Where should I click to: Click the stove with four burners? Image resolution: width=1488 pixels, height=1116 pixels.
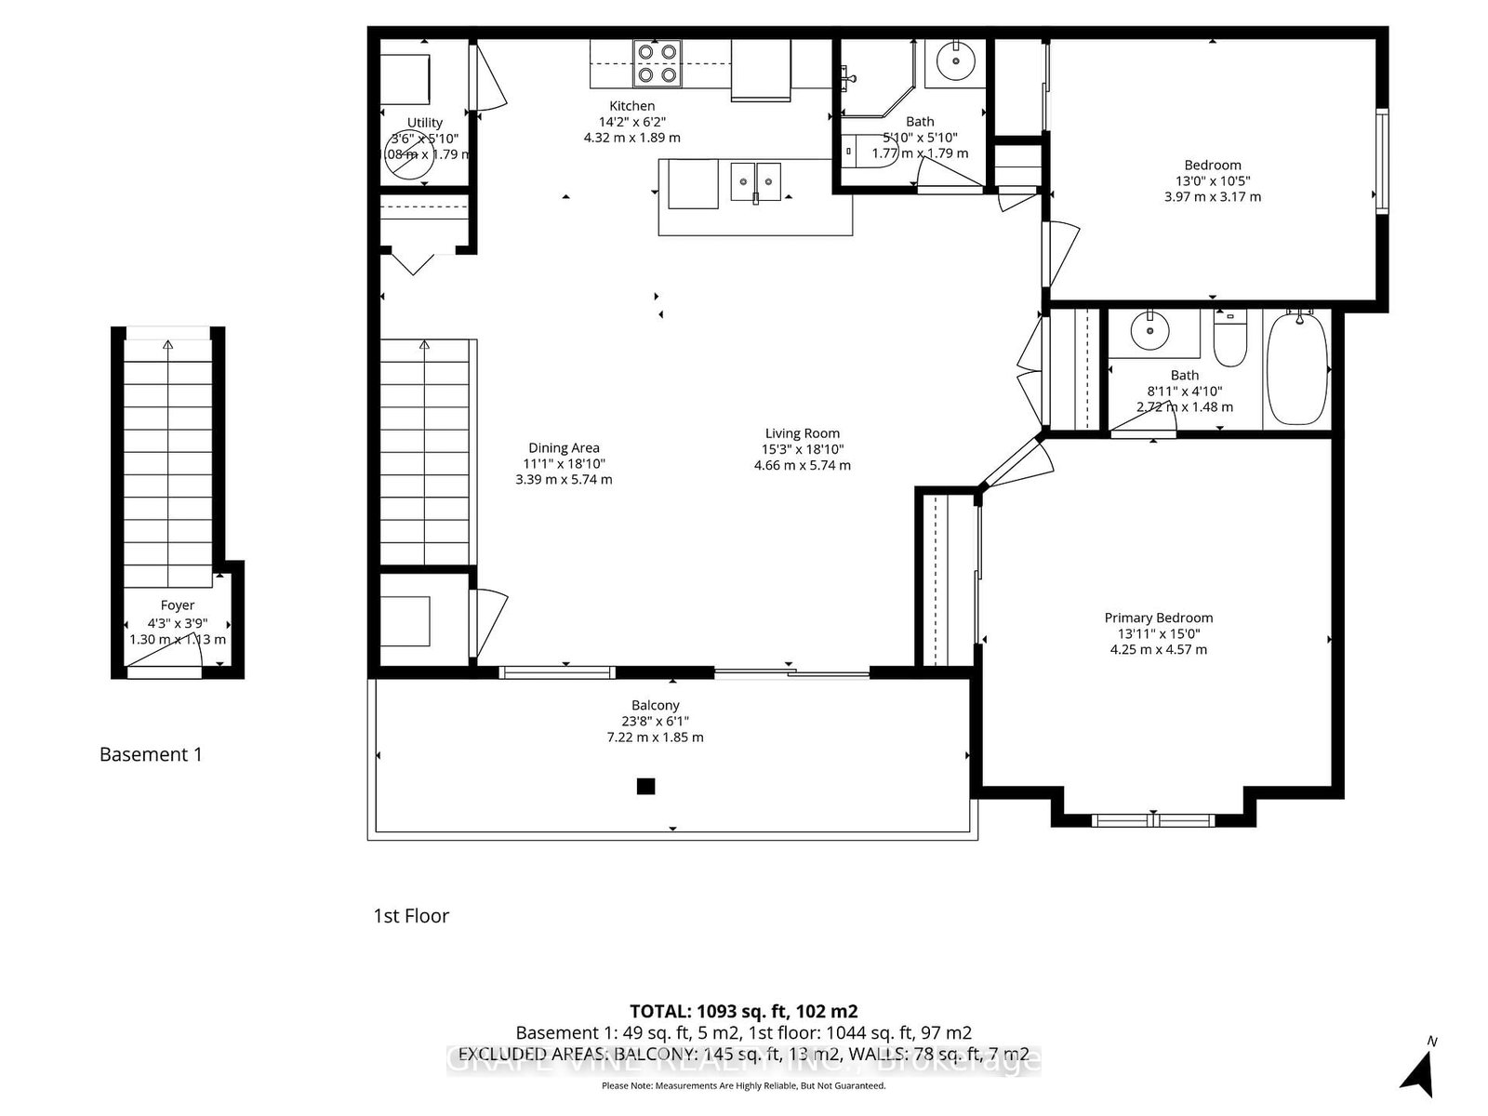point(657,64)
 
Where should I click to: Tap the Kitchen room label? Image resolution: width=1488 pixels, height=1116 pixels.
point(632,106)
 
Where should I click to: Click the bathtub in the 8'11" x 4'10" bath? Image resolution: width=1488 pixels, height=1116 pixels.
point(1297,369)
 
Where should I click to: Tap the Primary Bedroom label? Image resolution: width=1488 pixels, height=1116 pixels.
point(1159,618)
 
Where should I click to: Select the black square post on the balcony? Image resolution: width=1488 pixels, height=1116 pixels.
point(645,787)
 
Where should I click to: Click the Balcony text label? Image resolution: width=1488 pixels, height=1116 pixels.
point(656,705)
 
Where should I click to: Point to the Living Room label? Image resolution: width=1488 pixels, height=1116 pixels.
point(803,432)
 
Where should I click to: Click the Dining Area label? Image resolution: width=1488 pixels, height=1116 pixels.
point(564,447)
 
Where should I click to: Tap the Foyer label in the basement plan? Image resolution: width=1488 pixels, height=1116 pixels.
point(178,604)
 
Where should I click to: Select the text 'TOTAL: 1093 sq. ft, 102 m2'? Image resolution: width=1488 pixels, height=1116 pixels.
point(744,1011)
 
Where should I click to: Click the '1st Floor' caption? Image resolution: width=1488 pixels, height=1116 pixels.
point(411,916)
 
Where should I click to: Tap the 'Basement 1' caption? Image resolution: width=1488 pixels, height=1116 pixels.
point(151,754)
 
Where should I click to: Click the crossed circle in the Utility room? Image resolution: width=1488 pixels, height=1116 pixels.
point(409,154)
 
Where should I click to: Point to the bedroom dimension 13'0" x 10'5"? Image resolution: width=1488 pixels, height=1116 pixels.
point(1213,181)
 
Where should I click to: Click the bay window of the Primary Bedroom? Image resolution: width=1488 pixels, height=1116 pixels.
point(1153,819)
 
